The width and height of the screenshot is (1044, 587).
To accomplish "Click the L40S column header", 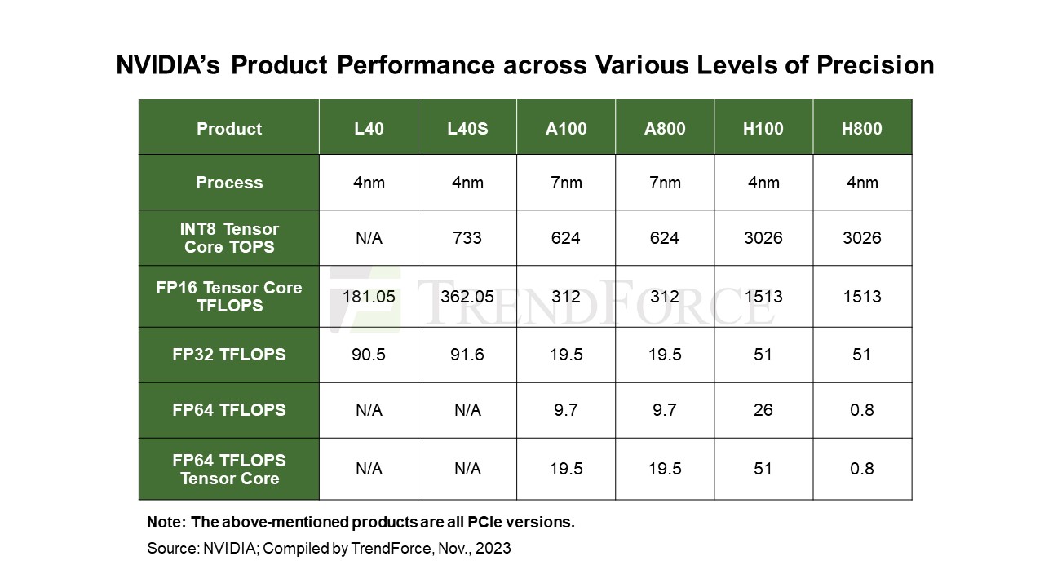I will point(467,129).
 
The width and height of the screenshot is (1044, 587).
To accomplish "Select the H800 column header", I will point(862,129).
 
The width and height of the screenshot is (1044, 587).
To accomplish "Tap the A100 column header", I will point(566,129).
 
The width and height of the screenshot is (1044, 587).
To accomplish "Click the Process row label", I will point(229,183).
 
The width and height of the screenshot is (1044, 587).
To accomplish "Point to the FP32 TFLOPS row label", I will point(229,355).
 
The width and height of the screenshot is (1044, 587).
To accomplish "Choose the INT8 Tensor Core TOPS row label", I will point(229,238).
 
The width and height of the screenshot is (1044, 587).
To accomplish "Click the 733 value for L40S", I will point(467,238).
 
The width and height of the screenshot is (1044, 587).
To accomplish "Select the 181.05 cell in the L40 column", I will point(369,297).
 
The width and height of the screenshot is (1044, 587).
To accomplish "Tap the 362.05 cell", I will point(467,297).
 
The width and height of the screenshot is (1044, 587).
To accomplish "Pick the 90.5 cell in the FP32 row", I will point(369,355).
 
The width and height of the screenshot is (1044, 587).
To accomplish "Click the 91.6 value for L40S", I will point(467,355).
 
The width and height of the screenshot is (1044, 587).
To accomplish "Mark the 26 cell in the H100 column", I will point(763,410).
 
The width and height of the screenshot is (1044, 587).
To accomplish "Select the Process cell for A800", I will point(665,183).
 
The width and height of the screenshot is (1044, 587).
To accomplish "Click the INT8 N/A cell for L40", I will point(369,238).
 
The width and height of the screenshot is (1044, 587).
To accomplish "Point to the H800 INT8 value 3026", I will point(862,238).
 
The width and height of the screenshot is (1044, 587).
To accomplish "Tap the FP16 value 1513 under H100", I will point(763,297).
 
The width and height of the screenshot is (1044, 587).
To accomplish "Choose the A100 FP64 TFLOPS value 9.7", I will point(566,410).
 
